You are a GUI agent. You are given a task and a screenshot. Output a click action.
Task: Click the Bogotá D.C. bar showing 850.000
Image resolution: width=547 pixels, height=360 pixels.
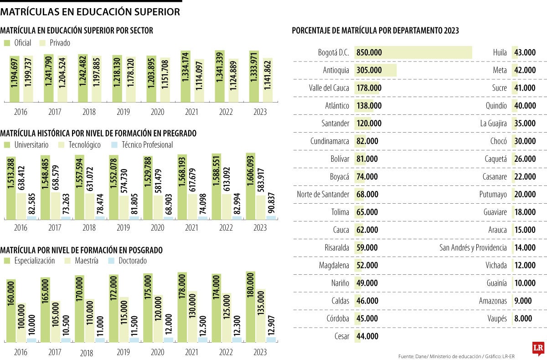[413, 52]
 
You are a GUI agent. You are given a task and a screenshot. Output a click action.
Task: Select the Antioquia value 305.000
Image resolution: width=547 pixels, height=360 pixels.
[369, 70]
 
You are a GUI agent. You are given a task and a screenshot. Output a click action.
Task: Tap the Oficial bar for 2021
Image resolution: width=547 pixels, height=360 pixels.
[186, 76]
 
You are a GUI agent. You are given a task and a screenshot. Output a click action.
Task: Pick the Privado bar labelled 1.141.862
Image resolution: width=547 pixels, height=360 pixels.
[268, 80]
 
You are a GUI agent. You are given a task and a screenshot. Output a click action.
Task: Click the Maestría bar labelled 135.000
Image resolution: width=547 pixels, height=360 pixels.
[260, 315]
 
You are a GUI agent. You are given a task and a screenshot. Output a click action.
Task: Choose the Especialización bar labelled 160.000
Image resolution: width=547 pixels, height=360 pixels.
[11, 310]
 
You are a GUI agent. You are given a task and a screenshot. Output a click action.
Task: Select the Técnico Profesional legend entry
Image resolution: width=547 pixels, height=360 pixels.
[142, 145]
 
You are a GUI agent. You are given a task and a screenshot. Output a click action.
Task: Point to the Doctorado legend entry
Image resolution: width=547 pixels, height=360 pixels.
[129, 261]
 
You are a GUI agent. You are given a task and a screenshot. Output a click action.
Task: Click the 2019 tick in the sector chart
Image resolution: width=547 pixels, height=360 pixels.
[124, 112]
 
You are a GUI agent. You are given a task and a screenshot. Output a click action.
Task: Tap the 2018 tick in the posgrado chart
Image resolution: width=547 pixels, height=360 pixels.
[89, 353]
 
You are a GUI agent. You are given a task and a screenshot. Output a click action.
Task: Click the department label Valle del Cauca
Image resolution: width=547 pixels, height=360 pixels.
[329, 88]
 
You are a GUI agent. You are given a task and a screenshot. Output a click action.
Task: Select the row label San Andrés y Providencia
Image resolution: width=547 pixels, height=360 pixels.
[473, 247]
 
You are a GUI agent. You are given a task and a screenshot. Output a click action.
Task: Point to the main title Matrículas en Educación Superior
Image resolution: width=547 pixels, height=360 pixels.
[90, 12]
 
